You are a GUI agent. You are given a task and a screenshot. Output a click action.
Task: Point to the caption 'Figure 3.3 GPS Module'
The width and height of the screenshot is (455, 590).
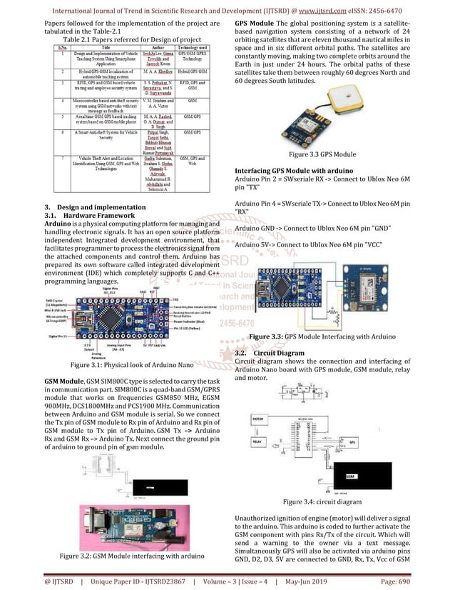[322, 154]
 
